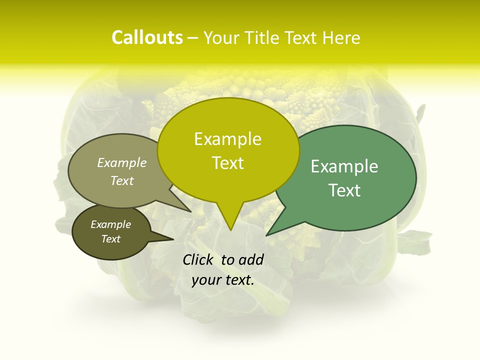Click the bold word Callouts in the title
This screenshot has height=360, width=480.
pyautogui.click(x=147, y=37)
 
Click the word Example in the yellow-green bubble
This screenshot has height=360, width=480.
pyautogui.click(x=227, y=139)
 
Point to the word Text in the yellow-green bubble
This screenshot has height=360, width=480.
pyautogui.click(x=227, y=162)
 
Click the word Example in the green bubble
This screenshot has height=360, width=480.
pyautogui.click(x=344, y=166)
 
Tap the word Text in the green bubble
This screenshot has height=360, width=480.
pyautogui.click(x=344, y=190)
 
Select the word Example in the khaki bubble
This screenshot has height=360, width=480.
pyautogui.click(x=122, y=162)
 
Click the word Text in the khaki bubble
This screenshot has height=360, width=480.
pyautogui.click(x=122, y=180)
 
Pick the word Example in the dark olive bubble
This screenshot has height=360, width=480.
pyautogui.click(x=110, y=224)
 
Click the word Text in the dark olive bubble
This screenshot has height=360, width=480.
pyautogui.click(x=110, y=239)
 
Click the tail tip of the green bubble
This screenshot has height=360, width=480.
pyautogui.click(x=267, y=235)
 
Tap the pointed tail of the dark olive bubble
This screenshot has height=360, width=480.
pyautogui.click(x=172, y=239)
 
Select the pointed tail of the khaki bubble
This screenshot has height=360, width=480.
pyautogui.click(x=190, y=211)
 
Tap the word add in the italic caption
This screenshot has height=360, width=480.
pyautogui.click(x=251, y=259)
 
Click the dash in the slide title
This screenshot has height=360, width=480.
pyautogui.click(x=193, y=38)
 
